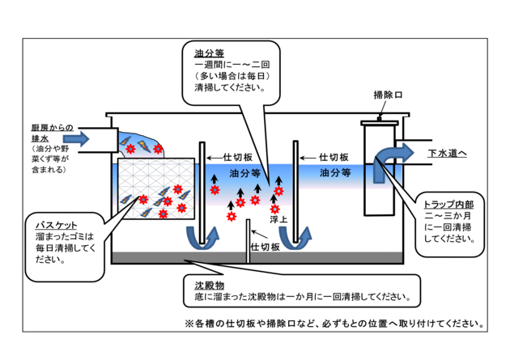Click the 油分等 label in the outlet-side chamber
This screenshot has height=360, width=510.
tap(334, 172)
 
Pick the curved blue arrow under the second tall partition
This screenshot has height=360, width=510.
tap(300, 235)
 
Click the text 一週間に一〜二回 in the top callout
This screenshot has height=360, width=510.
tap(228, 65)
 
